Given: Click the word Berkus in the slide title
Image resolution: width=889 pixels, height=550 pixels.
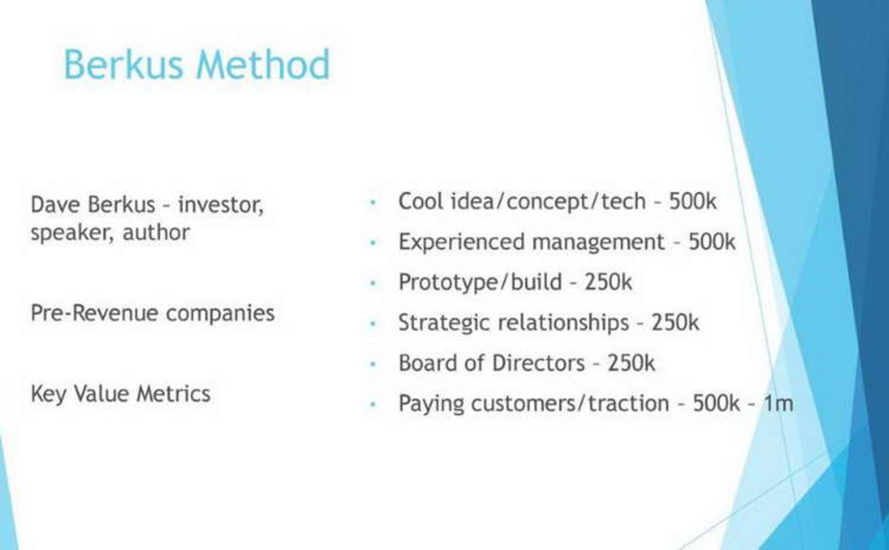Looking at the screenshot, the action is click(123, 64).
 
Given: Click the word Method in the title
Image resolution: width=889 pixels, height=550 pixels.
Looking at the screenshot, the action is click(263, 64).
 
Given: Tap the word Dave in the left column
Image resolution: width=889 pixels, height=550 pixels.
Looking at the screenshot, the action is click(55, 205).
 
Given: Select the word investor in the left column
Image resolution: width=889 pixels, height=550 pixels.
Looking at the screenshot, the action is click(220, 205).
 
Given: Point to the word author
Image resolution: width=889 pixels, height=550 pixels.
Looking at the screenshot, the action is click(156, 232).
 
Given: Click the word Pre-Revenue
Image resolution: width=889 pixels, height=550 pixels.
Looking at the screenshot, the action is click(94, 313).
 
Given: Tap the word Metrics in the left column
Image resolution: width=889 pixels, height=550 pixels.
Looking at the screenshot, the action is click(173, 394).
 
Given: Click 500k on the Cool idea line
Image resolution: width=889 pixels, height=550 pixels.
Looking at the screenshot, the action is click(693, 201).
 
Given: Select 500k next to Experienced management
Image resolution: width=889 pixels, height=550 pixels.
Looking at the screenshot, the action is click(712, 242).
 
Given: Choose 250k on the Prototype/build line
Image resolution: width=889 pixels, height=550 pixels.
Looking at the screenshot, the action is click(608, 282).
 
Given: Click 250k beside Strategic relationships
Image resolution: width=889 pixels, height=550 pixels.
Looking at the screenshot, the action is click(675, 323).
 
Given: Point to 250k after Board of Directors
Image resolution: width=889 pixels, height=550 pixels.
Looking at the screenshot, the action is click(631, 363).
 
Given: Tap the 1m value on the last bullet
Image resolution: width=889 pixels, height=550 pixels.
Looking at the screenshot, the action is click(778, 403).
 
